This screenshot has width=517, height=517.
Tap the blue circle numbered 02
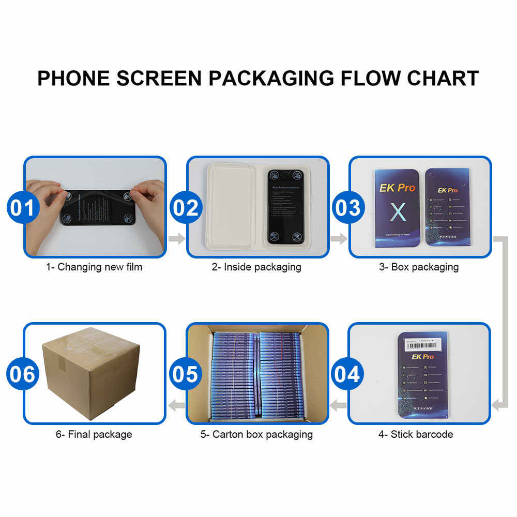(186, 207)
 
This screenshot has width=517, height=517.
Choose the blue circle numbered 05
(186, 374)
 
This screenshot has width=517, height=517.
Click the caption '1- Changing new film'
(94, 267)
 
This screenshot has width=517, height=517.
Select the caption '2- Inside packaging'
(256, 267)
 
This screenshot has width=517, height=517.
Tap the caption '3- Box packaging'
(419, 267)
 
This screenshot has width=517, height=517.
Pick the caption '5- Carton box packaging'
(257, 434)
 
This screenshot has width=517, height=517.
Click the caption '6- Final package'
(94, 434)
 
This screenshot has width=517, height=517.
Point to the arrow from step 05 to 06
(177, 405)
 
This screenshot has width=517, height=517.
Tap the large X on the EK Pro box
(397, 211)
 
